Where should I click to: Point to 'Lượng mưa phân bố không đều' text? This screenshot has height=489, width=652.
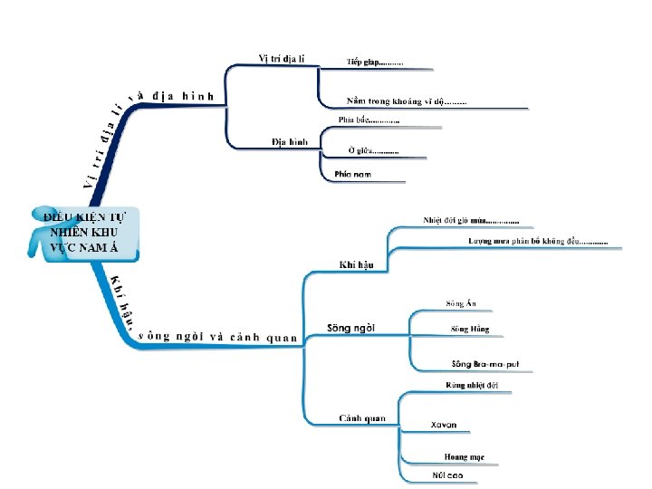[x=538, y=241]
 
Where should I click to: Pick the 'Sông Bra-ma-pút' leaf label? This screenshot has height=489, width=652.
[x=485, y=363]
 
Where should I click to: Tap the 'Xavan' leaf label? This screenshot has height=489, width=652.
[x=444, y=424]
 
